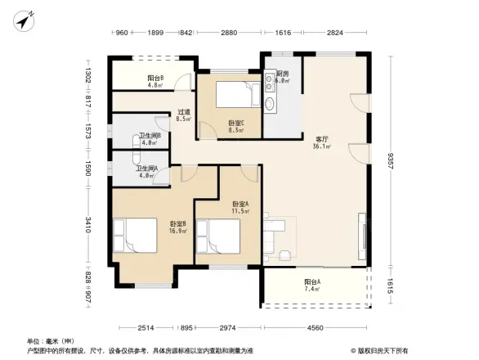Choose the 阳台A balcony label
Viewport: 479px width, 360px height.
[313, 286]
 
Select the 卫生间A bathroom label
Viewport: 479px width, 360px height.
[148, 171]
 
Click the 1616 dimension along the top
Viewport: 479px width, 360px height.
[283, 32]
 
